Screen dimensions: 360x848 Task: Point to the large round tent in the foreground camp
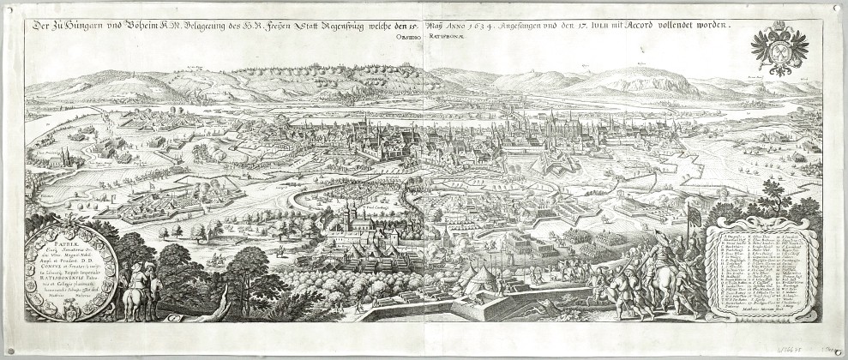point(480,277)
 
